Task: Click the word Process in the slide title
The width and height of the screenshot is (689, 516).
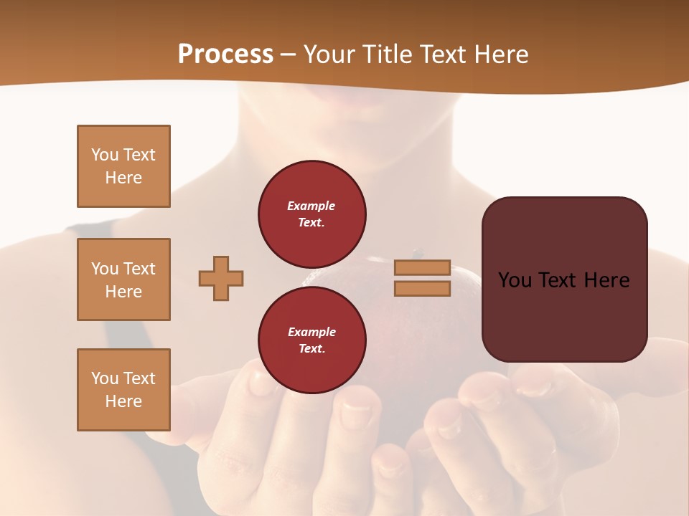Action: click(225, 54)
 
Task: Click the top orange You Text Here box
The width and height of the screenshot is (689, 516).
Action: click(123, 166)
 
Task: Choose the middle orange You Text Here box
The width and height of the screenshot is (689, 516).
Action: click(123, 279)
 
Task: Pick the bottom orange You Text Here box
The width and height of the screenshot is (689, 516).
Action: click(123, 390)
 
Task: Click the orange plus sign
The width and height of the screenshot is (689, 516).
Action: click(221, 279)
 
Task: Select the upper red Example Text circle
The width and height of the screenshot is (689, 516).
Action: click(312, 214)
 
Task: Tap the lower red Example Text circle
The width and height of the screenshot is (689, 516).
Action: click(312, 340)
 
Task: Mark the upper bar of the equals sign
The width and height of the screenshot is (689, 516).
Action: click(422, 268)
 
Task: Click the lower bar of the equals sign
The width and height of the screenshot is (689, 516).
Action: click(422, 288)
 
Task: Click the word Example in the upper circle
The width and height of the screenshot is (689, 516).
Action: click(311, 206)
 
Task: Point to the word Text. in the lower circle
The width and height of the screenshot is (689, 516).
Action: click(311, 349)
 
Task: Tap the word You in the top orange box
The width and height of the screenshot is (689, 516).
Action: click(105, 155)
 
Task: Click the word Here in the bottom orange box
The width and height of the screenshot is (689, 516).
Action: click(123, 401)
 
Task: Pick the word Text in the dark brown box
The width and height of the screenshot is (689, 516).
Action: click(563, 280)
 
